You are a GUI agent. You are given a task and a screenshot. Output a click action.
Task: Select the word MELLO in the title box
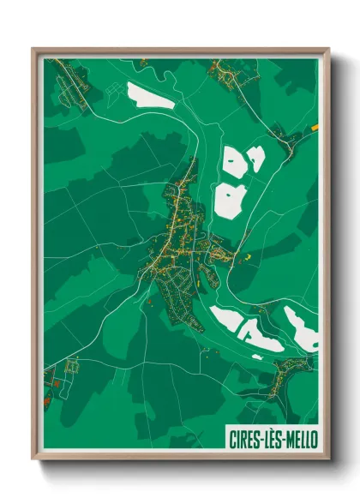(x=299, y=437)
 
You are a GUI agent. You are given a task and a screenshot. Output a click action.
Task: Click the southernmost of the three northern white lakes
(x=229, y=200)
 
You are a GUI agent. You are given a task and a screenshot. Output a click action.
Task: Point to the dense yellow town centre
(x=176, y=236)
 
